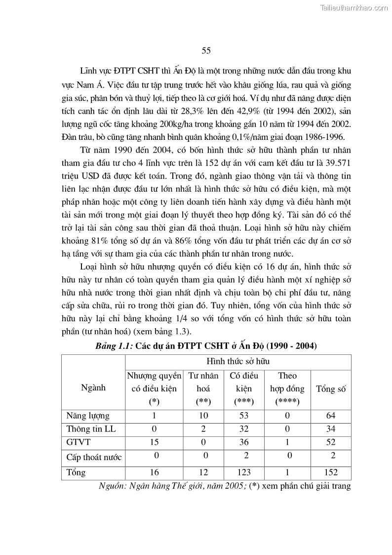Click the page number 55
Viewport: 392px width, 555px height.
[206, 50]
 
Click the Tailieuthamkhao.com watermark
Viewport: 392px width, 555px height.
[354, 7]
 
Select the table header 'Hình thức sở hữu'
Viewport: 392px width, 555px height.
[237, 362]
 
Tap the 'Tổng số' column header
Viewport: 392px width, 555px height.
[330, 388]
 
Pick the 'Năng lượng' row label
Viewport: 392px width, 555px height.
[88, 416]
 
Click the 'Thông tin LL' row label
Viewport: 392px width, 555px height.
[91, 428]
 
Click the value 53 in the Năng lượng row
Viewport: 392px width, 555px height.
[243, 416]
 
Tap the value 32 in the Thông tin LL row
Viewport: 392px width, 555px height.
[243, 428]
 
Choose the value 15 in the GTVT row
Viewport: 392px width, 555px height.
[154, 442]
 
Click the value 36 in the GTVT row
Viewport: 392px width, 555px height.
[243, 442]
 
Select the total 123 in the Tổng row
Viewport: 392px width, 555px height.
[243, 472]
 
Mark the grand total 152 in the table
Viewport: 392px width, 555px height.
[330, 472]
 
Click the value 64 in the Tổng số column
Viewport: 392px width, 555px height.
[330, 416]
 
